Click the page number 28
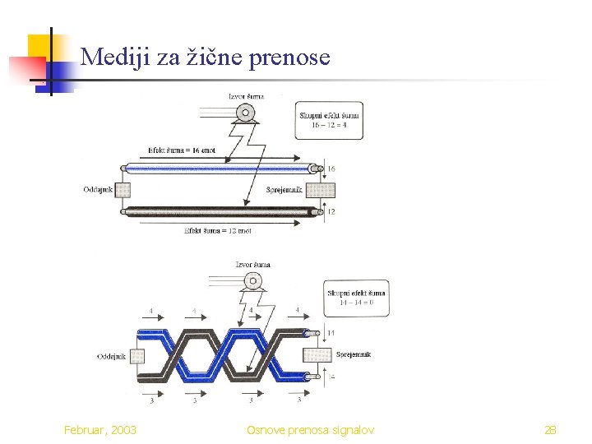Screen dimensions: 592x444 [x=550, y=430]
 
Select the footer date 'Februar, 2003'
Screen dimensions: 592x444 [x=100, y=430]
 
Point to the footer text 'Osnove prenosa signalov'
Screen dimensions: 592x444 [x=311, y=430]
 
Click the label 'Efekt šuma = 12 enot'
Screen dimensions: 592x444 [x=217, y=231]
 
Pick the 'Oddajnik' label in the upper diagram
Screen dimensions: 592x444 [x=98, y=190]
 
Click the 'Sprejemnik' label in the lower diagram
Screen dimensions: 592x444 [x=354, y=354]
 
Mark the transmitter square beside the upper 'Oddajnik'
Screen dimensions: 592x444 [x=123, y=190]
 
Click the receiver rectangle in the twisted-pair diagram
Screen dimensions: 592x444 [x=317, y=356]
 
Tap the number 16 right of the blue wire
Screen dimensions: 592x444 [x=331, y=169]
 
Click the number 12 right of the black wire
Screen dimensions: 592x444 [x=331, y=212]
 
